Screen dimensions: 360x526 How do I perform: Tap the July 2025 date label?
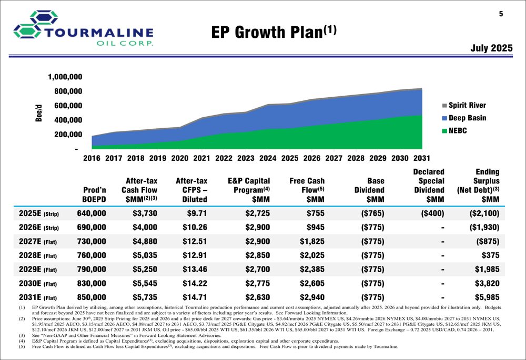pos(491,48)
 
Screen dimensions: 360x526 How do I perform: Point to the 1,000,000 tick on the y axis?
pos(65,77)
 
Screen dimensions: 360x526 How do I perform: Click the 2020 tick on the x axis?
pos(180,158)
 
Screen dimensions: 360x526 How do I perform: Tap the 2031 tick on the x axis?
pos(421,158)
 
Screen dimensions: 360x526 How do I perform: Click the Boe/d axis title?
pos(39,113)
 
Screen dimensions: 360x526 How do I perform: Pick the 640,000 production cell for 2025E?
pos(92,214)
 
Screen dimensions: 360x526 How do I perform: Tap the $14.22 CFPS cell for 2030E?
pos(194,283)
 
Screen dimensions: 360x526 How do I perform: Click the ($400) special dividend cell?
pos(432,214)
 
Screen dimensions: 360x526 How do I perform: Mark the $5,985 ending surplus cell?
pos(487,297)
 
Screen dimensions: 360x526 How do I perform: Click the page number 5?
pos(501,14)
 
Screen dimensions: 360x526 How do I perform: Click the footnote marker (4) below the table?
pos(22,341)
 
